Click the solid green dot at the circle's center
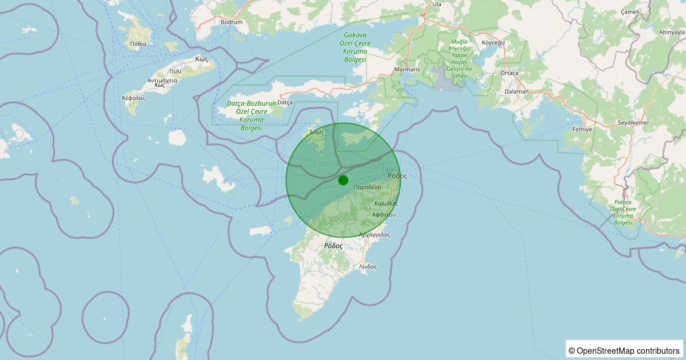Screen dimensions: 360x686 tap(343, 180)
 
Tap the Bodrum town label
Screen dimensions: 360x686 tap(232, 22)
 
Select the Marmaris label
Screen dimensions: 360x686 tap(407, 70)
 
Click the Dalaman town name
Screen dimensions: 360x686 tap(517, 91)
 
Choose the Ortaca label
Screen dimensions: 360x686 tap(509, 73)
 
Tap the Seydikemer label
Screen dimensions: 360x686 tap(633, 123)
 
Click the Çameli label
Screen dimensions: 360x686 tap(630, 12)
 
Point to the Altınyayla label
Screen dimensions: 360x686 tap(672, 32)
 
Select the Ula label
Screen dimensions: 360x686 tap(437, 4)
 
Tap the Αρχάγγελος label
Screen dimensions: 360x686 tap(374, 235)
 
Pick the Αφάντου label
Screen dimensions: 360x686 tap(383, 214)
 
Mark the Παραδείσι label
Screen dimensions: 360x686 tap(368, 187)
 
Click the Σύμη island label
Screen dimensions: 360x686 tap(316, 131)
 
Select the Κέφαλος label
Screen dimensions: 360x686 tap(134, 98)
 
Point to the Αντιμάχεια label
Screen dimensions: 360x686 tap(162, 81)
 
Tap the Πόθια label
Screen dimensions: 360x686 tap(138, 43)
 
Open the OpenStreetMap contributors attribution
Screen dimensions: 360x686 tap(625, 350)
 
